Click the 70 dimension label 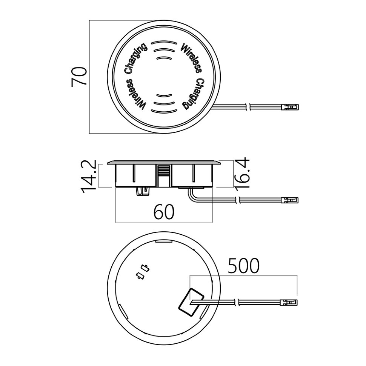click(x=79, y=77)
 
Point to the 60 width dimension click(x=164, y=212)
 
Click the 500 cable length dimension click(x=243, y=266)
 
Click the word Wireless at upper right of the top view click(x=191, y=58)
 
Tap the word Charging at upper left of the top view click(x=135, y=58)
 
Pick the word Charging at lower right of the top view click(x=193, y=94)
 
